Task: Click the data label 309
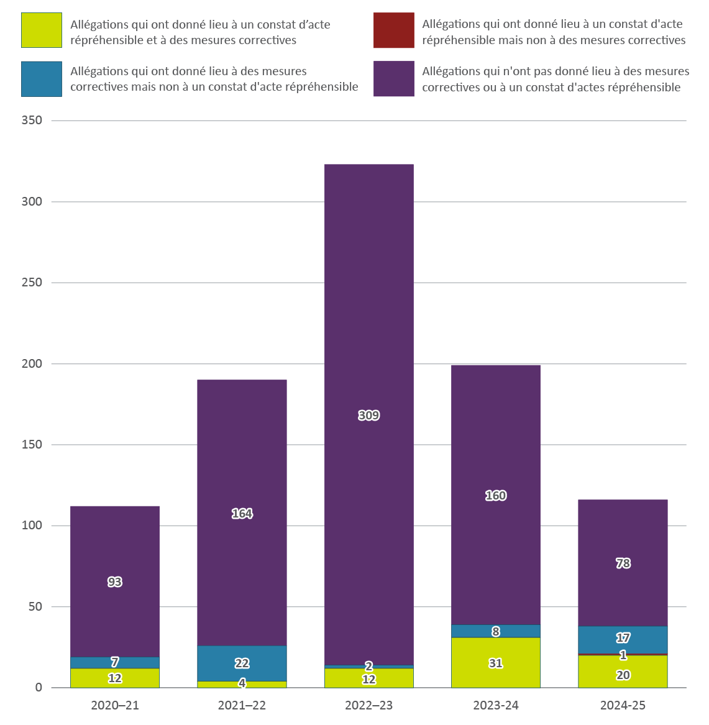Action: click(368, 415)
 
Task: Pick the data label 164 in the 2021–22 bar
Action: click(242, 513)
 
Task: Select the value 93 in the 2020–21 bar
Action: click(115, 581)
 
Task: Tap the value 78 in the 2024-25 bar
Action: click(623, 563)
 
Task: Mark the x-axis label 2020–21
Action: click(115, 705)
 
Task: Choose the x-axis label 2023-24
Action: click(495, 705)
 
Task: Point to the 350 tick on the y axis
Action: click(32, 121)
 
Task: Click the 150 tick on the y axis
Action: click(32, 445)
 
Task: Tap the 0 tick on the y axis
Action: click(39, 688)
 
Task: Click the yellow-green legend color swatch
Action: click(42, 30)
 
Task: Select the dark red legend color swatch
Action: click(393, 30)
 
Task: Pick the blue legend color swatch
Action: click(42, 79)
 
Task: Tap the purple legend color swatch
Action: click(393, 79)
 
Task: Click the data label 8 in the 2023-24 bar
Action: click(495, 631)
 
